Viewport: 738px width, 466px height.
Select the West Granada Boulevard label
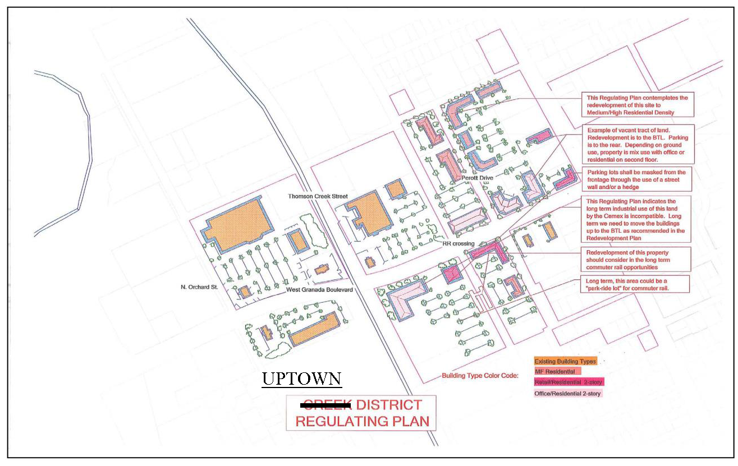coord(319,289)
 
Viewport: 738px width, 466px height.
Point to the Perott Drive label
coord(477,178)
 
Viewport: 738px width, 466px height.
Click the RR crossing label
coord(458,243)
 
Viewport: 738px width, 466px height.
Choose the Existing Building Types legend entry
coord(565,361)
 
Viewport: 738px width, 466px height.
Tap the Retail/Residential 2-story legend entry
coord(569,382)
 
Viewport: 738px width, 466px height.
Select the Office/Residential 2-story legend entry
coord(568,394)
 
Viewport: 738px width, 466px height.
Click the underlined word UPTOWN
coord(302,379)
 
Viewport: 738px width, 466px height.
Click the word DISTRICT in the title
coord(389,405)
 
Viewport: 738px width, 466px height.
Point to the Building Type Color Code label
coord(480,375)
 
